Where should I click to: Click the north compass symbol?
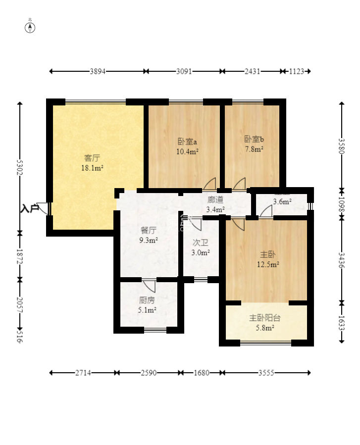click(x=30, y=28)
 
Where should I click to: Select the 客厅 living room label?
click(x=92, y=158)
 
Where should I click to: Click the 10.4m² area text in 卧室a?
click(x=187, y=151)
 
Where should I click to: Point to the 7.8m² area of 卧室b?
click(x=254, y=149)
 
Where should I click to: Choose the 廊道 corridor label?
click(x=215, y=200)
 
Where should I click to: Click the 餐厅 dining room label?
click(x=148, y=230)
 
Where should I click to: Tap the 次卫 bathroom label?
click(x=201, y=243)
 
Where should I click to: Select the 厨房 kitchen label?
click(x=147, y=300)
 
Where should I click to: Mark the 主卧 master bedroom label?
click(x=267, y=254)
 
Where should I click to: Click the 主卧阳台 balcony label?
click(x=264, y=318)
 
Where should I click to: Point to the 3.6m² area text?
click(x=282, y=202)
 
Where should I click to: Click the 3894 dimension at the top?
click(x=98, y=71)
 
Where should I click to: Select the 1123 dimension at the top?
click(x=297, y=71)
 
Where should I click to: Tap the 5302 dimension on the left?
click(x=20, y=167)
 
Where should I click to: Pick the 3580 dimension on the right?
click(x=342, y=146)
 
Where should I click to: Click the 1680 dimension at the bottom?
click(x=202, y=373)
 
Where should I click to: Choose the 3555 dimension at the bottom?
click(x=266, y=373)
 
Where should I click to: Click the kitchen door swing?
click(x=150, y=286)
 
